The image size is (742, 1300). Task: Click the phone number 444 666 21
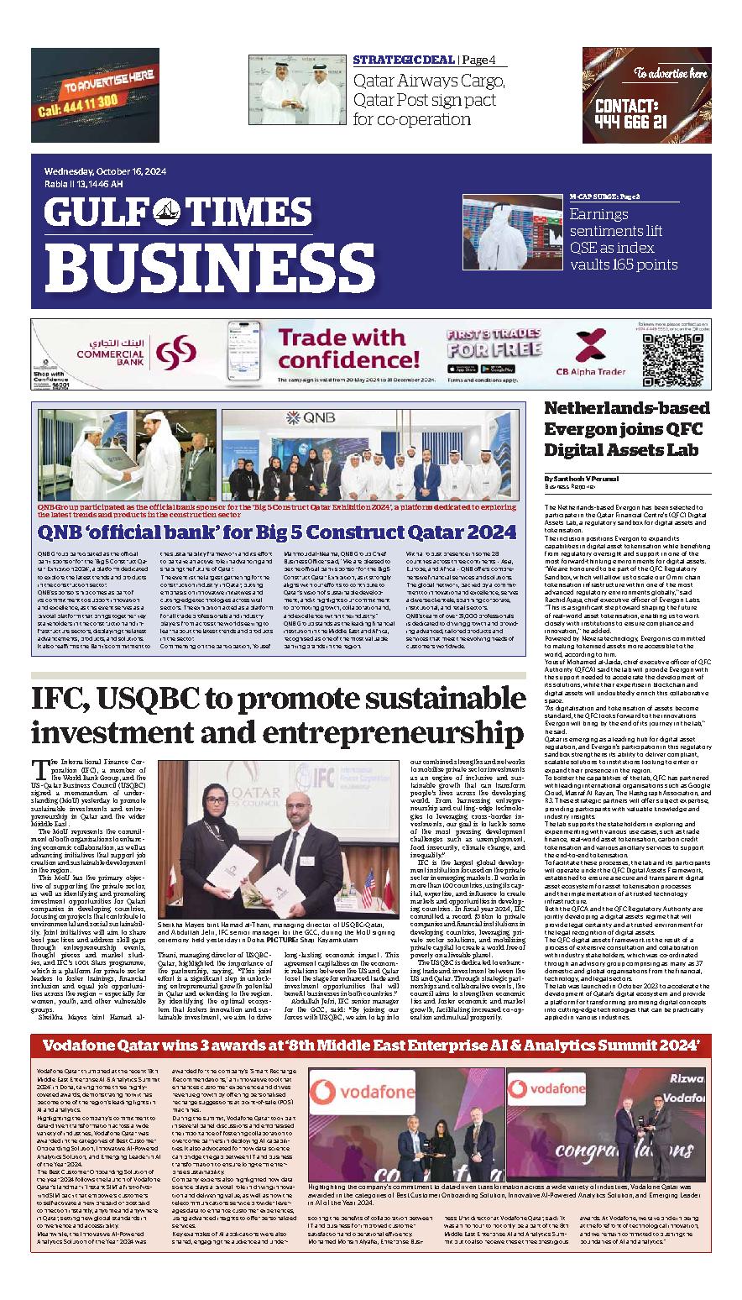630,121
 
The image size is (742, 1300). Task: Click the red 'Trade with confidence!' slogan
340,350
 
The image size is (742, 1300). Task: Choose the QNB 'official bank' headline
277,532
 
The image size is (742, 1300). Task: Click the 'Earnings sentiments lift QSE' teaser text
623,239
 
